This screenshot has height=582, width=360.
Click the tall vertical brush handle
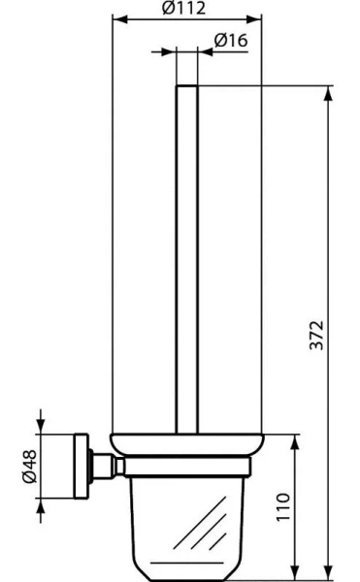pyautogui.click(x=188, y=262)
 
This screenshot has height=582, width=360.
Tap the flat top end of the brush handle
pyautogui.click(x=188, y=87)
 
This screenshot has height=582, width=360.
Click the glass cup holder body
pyautogui.click(x=188, y=524)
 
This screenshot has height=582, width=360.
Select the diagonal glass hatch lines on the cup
pyautogui.click(x=210, y=539)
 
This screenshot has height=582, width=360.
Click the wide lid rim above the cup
pyautogui.click(x=188, y=444)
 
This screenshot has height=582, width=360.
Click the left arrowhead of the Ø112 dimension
pyautogui.click(x=118, y=17)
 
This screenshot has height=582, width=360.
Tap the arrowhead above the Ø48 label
pyautogui.click(x=41, y=424)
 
